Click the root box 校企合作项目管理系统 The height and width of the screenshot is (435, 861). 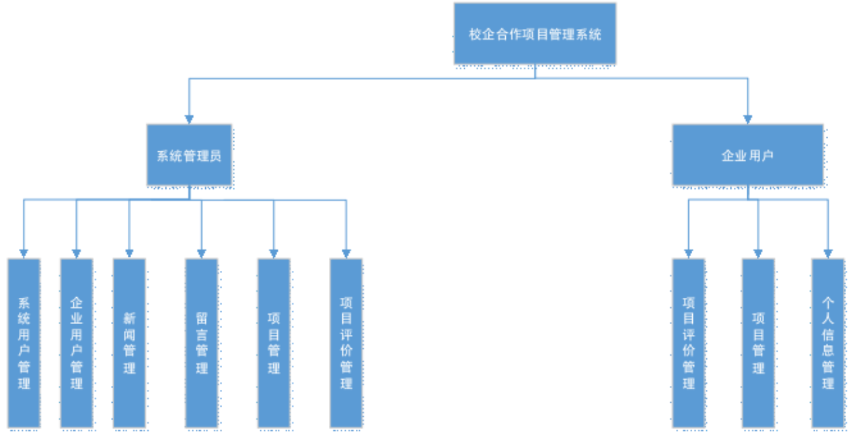pyautogui.click(x=535, y=34)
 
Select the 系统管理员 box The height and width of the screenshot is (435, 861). pyautogui.click(x=190, y=155)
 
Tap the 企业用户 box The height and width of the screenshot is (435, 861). pyautogui.click(x=747, y=155)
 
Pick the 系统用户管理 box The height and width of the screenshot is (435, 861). pyautogui.click(x=24, y=343)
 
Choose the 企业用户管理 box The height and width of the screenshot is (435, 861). pyautogui.click(x=77, y=343)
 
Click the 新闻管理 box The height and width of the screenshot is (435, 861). pyautogui.click(x=129, y=343)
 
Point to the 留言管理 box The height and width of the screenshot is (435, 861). pyautogui.click(x=202, y=343)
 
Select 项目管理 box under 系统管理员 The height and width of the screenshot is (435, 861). pyautogui.click(x=274, y=343)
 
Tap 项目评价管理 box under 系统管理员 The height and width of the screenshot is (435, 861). pyautogui.click(x=346, y=343)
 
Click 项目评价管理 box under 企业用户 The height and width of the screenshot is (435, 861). pyautogui.click(x=688, y=343)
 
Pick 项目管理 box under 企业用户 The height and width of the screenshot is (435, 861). pyautogui.click(x=758, y=343)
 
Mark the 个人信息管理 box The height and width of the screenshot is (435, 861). pyautogui.click(x=828, y=343)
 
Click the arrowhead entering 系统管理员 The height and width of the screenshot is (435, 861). pyautogui.click(x=189, y=118)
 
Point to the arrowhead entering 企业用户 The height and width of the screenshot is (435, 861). pyautogui.click(x=747, y=118)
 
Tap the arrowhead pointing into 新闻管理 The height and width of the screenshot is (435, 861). pyautogui.click(x=129, y=253)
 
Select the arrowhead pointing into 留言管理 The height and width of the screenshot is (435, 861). pyautogui.click(x=201, y=253)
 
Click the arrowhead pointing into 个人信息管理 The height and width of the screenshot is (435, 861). pyautogui.click(x=828, y=253)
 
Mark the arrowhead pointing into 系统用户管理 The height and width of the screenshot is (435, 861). pyautogui.click(x=24, y=253)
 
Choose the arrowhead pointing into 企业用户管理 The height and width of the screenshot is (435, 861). pyautogui.click(x=77, y=253)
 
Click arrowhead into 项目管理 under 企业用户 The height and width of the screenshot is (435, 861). pyautogui.click(x=758, y=253)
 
